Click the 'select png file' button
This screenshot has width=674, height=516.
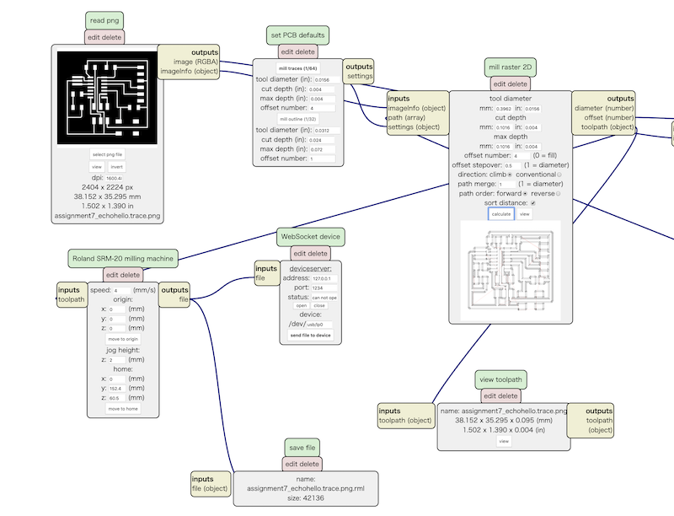click(107, 155)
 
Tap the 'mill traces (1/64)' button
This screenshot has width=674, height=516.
click(298, 67)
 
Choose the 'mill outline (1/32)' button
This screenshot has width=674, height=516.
click(298, 119)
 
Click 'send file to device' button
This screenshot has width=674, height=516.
click(310, 335)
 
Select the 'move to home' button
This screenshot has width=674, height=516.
click(124, 408)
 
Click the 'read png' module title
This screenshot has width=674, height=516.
click(105, 20)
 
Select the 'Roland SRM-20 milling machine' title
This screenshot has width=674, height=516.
click(123, 257)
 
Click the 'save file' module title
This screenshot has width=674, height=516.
click(302, 447)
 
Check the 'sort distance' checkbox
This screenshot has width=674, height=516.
click(532, 204)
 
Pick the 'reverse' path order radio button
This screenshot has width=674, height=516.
click(558, 194)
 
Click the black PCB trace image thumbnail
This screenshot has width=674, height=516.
click(106, 97)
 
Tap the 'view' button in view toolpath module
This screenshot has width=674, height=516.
click(503, 440)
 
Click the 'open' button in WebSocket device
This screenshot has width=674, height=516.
click(301, 306)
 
